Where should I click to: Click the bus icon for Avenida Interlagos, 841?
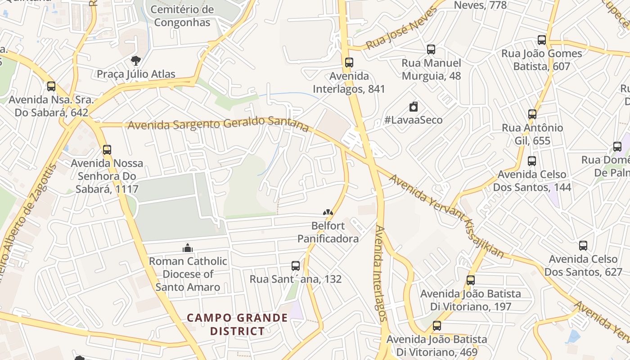[x=349, y=63]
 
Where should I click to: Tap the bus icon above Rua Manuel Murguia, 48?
[x=431, y=49]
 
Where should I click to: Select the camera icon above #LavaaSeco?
[x=414, y=107]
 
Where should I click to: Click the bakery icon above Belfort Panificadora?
[x=328, y=212]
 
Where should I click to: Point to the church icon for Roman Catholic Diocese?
[x=188, y=248]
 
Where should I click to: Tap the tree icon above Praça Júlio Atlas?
[x=135, y=61]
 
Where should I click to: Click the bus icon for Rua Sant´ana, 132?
[x=296, y=266]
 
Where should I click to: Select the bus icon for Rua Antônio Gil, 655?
[x=532, y=114]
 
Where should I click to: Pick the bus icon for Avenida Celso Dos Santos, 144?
[x=532, y=161]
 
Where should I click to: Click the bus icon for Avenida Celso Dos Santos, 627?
[x=583, y=246]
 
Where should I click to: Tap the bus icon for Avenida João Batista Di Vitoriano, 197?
[x=471, y=280]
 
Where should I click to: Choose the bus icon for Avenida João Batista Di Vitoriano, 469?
[x=437, y=326]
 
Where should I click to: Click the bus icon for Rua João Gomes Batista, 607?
[x=542, y=40]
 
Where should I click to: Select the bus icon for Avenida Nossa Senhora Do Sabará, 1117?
[x=107, y=150]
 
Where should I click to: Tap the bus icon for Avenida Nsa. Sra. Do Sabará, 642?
[x=51, y=86]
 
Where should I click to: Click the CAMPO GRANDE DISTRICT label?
[x=237, y=324]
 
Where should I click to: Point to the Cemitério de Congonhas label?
[x=182, y=16]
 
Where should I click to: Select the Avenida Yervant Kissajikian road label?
[x=446, y=216]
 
